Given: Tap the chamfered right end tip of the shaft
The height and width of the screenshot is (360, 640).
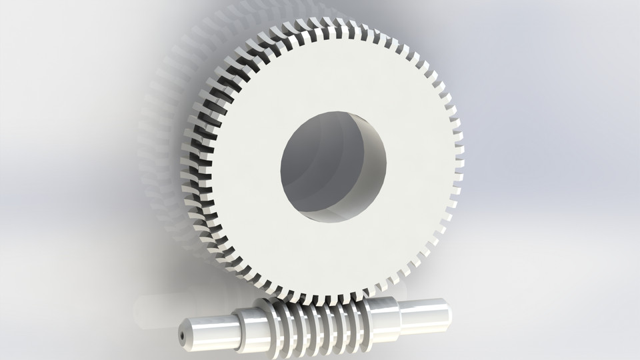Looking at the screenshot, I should click(449, 311).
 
